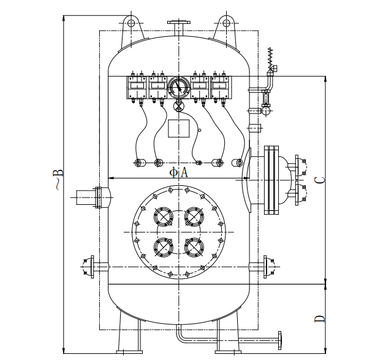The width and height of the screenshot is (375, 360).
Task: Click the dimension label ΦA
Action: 179,172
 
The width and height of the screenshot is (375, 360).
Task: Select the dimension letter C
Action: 319,180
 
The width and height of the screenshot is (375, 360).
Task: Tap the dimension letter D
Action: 319,320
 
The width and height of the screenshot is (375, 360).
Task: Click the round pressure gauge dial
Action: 178,86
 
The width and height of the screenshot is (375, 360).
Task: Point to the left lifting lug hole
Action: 132,23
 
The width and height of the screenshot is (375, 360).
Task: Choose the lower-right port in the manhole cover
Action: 194,247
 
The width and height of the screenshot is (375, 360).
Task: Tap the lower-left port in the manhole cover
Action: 163,247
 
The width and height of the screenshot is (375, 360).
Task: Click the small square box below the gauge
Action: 178,129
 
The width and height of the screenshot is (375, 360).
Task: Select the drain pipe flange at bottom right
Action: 279,339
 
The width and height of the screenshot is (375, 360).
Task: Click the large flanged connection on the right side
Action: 271,179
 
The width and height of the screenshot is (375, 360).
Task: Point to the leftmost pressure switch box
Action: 137,86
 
